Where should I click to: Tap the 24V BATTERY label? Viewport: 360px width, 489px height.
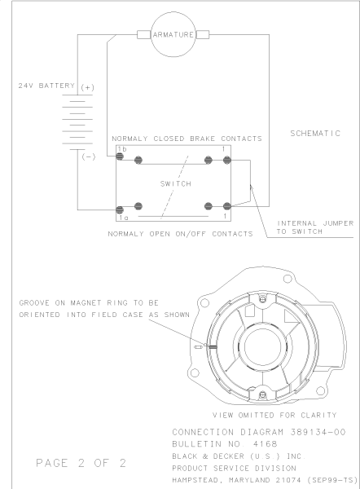click(46, 86)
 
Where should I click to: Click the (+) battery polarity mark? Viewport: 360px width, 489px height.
click(87, 88)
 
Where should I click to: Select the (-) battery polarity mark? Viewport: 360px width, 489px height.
click(89, 156)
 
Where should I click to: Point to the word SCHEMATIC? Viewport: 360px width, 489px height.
click(315, 133)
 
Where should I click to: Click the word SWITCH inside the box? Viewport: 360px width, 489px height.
click(176, 183)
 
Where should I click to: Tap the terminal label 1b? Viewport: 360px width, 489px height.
click(122, 149)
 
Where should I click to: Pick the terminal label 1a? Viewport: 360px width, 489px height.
click(124, 218)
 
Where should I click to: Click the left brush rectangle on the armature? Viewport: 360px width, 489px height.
click(143, 34)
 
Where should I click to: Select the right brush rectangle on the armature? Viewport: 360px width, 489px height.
click(203, 34)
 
